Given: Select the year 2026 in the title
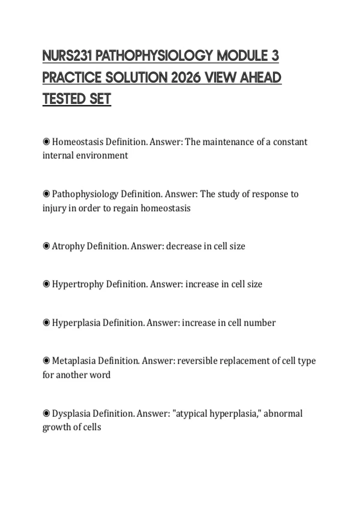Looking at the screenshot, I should coord(186,78).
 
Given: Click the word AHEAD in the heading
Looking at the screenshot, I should coord(261,78).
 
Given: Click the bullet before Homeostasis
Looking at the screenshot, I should coord(46,142).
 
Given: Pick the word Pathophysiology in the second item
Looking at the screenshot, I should coord(85,194).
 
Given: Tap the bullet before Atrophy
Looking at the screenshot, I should coord(46,246).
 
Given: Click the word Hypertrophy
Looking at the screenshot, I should coord(78,284).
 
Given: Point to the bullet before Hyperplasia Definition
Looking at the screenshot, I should coord(46,323).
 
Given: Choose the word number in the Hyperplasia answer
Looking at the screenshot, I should coord(259,323).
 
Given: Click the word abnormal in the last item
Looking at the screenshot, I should coord(283,413).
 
